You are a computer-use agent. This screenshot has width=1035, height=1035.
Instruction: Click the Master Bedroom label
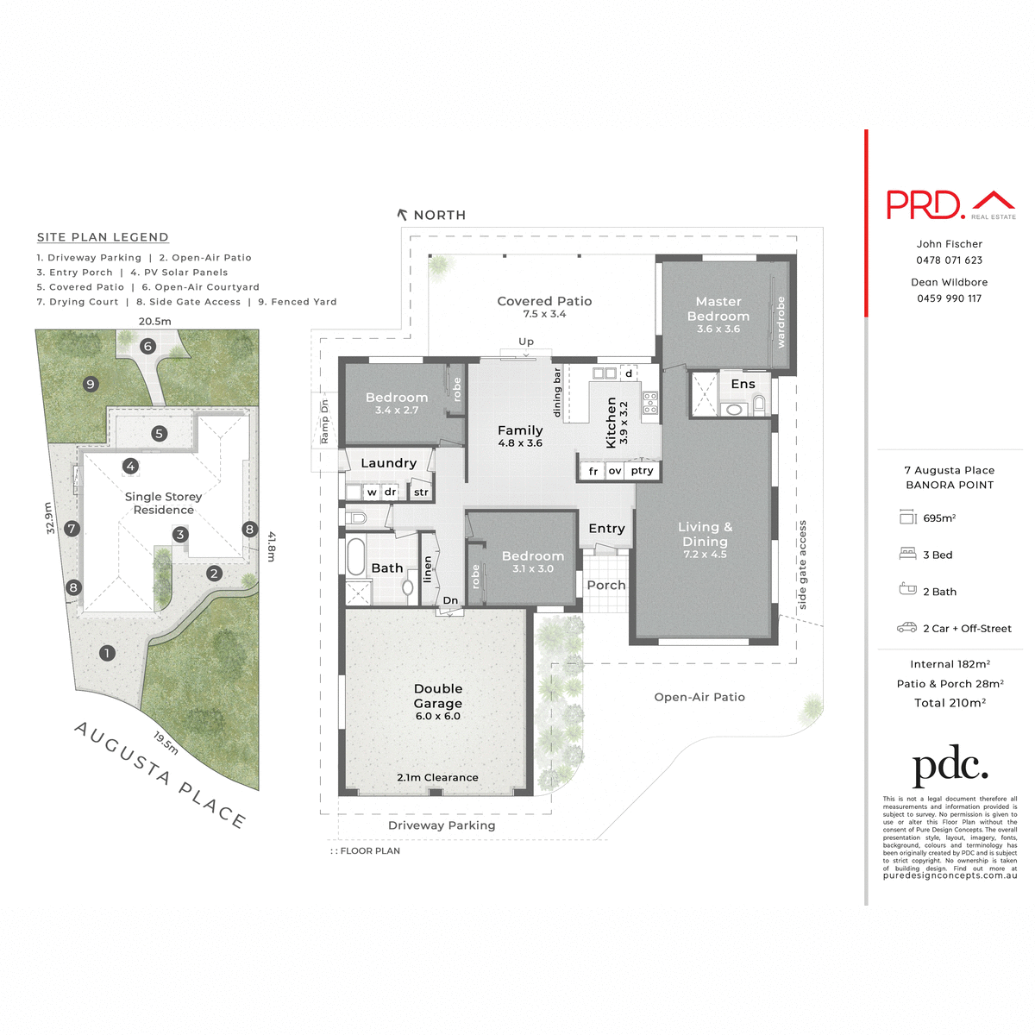click(x=718, y=309)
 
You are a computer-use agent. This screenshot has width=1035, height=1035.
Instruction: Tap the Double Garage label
click(x=438, y=696)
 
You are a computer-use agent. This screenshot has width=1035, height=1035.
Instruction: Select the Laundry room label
click(x=388, y=463)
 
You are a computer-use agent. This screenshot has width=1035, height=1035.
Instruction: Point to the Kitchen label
click(x=612, y=422)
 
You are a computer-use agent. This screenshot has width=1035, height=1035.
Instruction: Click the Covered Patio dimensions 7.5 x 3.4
click(x=544, y=315)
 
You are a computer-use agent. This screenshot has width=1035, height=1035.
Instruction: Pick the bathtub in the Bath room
click(x=356, y=557)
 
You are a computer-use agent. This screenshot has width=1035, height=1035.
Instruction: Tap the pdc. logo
click(x=950, y=767)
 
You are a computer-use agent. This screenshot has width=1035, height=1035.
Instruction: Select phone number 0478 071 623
click(x=950, y=260)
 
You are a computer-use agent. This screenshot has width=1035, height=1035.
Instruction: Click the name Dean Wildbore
click(x=950, y=282)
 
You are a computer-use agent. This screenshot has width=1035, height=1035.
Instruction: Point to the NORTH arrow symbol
click(x=402, y=215)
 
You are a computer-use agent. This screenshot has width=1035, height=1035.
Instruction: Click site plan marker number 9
click(x=91, y=384)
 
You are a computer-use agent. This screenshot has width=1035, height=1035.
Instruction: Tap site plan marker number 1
click(x=107, y=653)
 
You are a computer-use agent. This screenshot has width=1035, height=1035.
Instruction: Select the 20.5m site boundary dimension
click(x=155, y=321)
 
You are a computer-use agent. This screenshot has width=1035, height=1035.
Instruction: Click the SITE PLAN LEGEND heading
click(x=103, y=237)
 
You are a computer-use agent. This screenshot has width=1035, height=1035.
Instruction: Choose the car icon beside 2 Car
click(x=906, y=628)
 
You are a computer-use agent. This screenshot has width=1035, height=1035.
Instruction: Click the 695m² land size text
click(x=939, y=518)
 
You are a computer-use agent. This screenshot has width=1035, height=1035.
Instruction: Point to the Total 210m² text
click(x=950, y=703)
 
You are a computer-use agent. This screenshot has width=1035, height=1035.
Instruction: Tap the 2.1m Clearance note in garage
click(x=437, y=778)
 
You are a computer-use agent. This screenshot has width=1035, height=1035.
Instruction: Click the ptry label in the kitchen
click(x=642, y=471)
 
